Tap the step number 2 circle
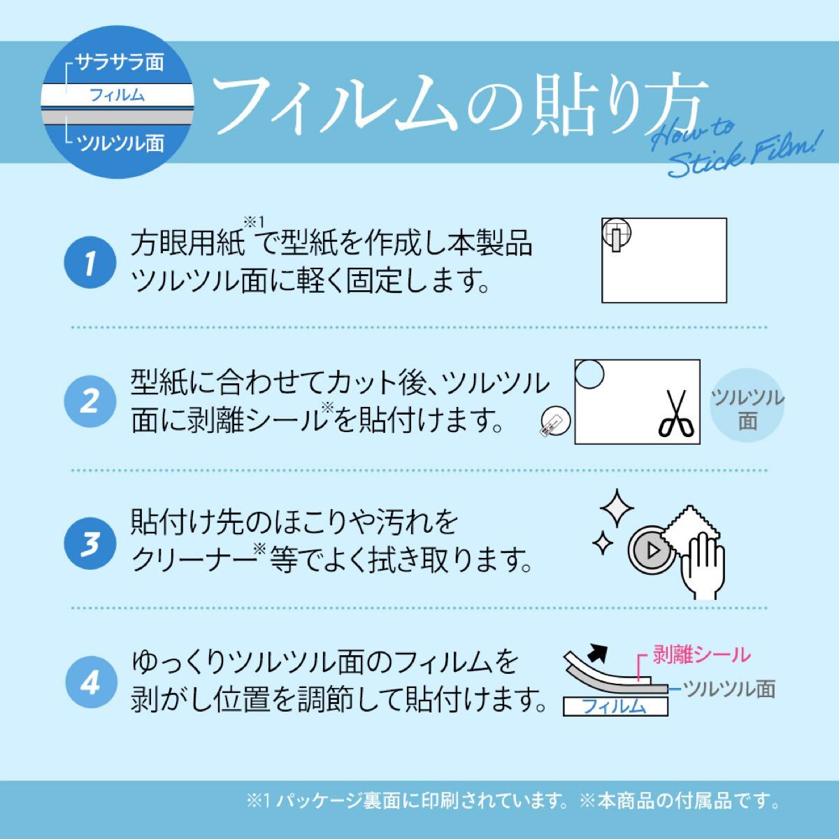89,403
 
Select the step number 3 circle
89,543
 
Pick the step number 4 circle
89,682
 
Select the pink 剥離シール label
701,654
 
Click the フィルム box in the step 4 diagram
615,707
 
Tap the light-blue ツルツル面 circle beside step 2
747,409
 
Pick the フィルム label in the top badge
117,95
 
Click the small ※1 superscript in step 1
251,222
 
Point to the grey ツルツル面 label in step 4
729,689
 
